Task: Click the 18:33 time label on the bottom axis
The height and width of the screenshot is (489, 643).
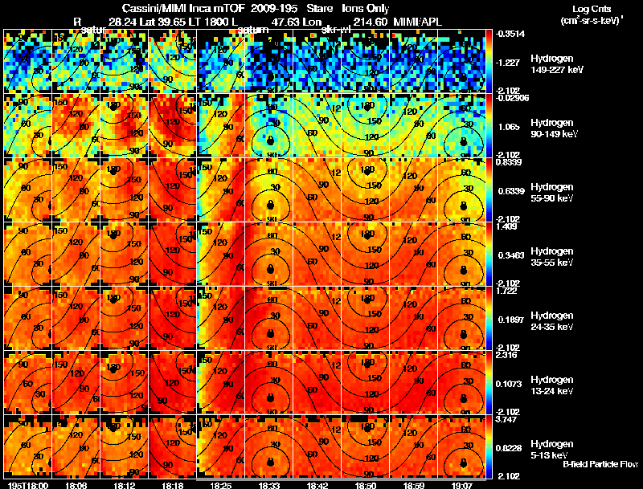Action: [x=269, y=484]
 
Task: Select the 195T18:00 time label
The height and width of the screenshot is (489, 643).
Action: [x=27, y=484]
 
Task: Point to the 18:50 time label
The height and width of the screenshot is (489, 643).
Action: [x=366, y=484]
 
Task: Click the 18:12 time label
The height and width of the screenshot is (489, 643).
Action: [x=125, y=484]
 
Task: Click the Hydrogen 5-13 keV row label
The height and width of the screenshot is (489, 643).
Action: [x=551, y=448]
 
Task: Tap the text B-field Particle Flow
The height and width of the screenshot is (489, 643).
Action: [x=600, y=464]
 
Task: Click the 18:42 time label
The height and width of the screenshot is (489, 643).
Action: [x=317, y=484]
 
